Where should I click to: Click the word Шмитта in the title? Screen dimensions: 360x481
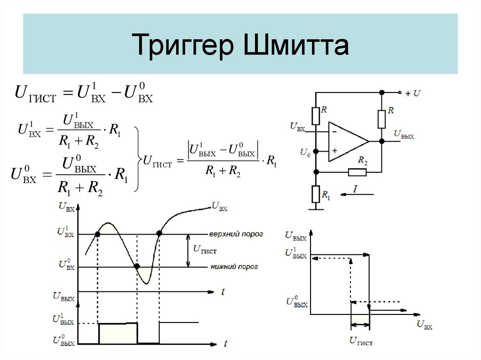click(295, 46)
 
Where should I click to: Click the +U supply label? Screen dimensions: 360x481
click(413, 93)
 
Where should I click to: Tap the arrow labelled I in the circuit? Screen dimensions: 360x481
click(355, 192)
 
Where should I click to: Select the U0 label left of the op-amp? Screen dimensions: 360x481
click(305, 152)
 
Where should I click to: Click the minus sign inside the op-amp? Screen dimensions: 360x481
click(335, 132)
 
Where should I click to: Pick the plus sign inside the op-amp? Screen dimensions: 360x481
click(335, 151)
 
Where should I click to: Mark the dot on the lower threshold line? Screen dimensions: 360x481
click(137, 267)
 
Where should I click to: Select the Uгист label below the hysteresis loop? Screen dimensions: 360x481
click(361, 342)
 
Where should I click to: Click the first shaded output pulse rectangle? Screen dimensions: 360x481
click(118, 333)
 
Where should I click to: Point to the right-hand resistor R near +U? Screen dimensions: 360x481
click(382, 119)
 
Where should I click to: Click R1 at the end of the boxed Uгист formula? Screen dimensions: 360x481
click(272, 161)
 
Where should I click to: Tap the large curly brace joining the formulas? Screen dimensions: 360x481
click(137, 159)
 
